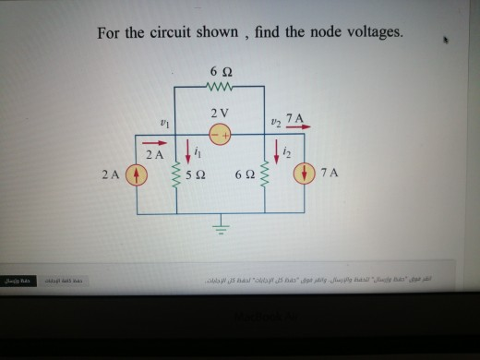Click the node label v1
(165, 119)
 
